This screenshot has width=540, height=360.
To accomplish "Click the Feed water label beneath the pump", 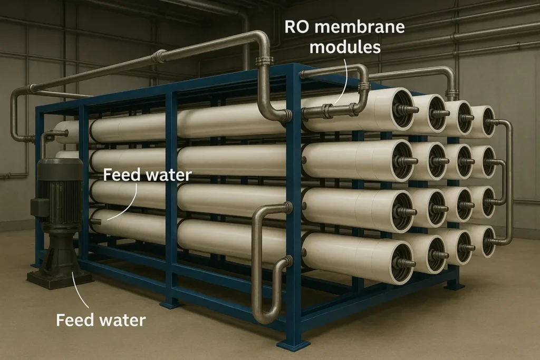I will click(100, 319).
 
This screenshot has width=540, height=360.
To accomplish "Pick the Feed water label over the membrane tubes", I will click(147, 174).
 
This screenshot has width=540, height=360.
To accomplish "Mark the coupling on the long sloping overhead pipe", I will click(158, 56).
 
